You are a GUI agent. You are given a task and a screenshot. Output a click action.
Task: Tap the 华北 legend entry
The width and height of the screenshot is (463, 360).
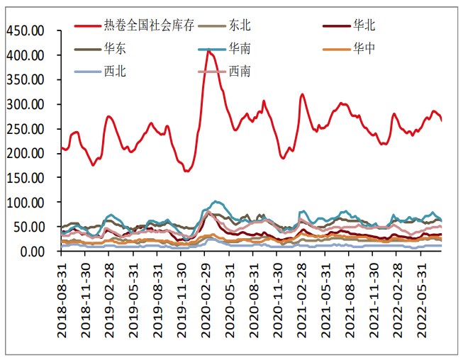pyautogui.click(x=364, y=26)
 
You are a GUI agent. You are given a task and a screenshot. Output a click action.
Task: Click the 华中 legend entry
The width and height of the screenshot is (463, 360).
pyautogui.click(x=364, y=48)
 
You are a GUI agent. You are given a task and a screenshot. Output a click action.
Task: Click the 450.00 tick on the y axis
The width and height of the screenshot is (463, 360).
pyautogui.click(x=26, y=30)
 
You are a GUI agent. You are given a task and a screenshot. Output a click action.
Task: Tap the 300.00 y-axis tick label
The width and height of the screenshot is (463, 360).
pyautogui.click(x=26, y=104)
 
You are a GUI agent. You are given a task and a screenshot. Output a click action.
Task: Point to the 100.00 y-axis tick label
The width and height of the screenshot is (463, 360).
pyautogui.click(x=26, y=203)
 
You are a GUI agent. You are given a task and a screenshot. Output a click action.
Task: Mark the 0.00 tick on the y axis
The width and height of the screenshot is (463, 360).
pyautogui.click(x=31, y=252)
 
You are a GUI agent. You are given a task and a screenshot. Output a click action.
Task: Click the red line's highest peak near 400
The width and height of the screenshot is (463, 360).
pyautogui.click(x=208, y=52)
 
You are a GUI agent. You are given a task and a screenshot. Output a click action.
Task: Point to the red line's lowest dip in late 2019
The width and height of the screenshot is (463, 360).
pyautogui.click(x=186, y=171)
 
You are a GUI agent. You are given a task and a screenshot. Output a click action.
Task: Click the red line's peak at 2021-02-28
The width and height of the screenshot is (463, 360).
pyautogui.click(x=303, y=94)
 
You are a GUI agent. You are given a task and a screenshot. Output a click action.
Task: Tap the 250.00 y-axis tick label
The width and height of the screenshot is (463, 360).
pyautogui.click(x=26, y=129)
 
